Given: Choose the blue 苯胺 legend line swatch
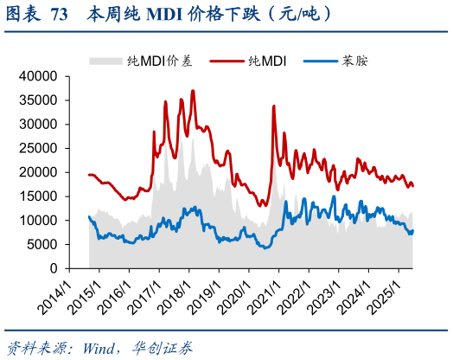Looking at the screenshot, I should pyautogui.click(x=322, y=60).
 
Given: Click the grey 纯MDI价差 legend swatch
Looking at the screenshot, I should pyautogui.click(x=105, y=60).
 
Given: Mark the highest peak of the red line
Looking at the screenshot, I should pyautogui.click(x=193, y=90).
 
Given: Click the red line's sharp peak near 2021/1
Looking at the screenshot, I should pyautogui.click(x=273, y=106).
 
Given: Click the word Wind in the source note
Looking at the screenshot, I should pyautogui.click(x=102, y=347).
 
